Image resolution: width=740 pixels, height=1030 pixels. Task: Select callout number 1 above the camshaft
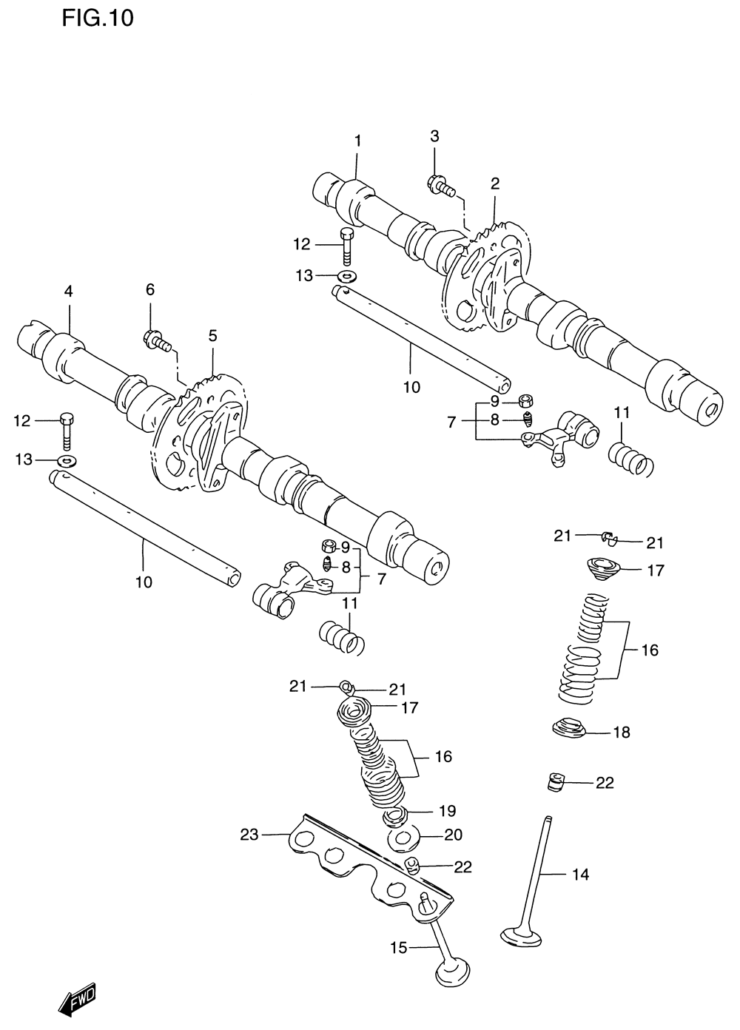coord(357,141)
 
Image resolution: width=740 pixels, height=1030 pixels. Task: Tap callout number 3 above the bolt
coord(434,136)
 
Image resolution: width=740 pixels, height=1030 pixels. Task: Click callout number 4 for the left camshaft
coord(68,292)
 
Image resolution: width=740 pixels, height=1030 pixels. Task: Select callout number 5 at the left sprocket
coord(212,336)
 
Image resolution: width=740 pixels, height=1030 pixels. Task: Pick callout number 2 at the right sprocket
coord(494,184)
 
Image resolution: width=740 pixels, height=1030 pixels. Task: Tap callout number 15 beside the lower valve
coord(398,947)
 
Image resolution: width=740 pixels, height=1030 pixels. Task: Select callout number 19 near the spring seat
coord(447,810)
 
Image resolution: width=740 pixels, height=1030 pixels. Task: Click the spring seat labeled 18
coord(570,728)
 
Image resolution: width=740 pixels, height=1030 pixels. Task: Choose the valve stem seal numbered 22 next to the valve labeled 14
coord(556,781)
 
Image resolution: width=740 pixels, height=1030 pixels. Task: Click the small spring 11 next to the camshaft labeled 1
coord(630,458)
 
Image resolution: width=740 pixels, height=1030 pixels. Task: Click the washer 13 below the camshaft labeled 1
coord(346,277)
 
